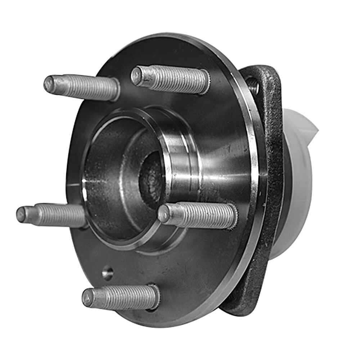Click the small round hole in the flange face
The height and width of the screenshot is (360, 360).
108,273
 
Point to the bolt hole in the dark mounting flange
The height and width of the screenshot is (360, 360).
253,85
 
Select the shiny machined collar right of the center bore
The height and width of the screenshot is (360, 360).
180,158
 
